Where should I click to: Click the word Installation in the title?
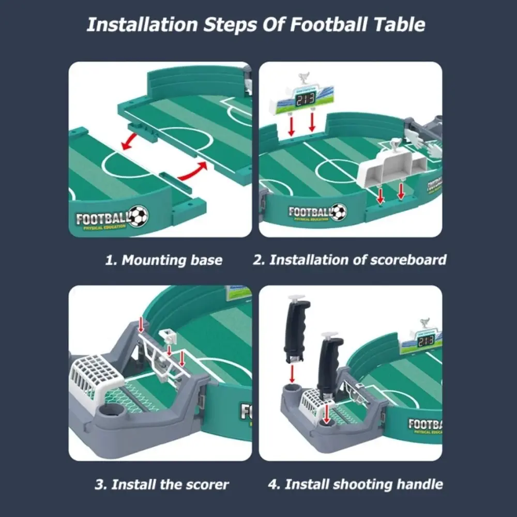pos(140,25)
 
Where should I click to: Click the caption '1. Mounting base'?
pos(163,260)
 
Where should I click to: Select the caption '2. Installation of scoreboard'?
pos(349,260)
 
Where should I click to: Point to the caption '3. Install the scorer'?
pos(162,484)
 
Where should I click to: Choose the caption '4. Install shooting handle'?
pos(356,484)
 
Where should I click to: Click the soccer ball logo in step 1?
pos(138,216)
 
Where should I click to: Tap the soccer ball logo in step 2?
pos(339,211)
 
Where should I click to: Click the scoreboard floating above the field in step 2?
pos(300,100)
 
